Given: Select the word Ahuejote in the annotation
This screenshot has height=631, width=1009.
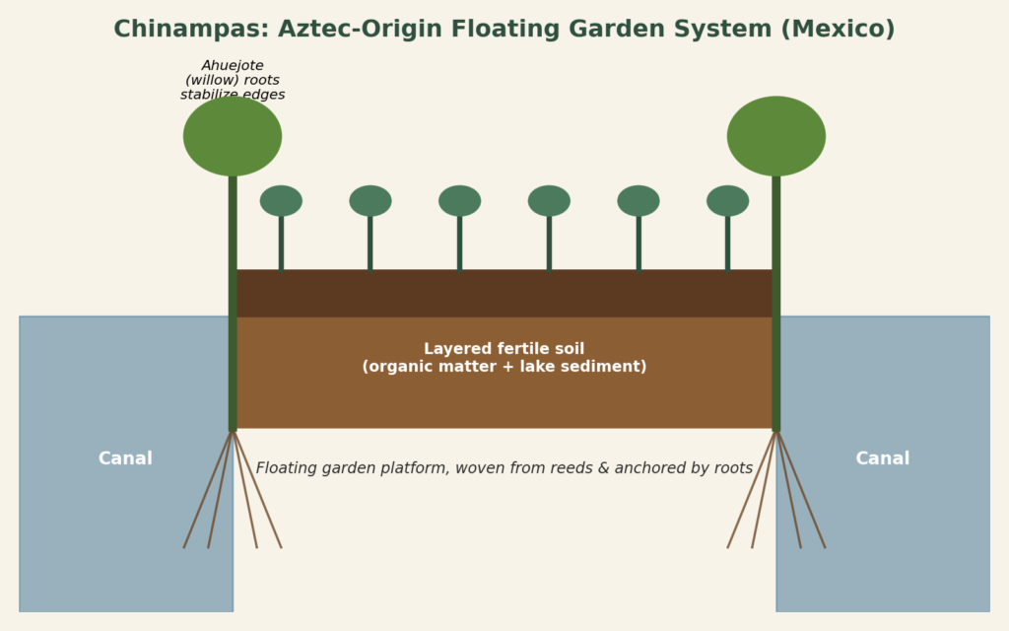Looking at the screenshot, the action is [233, 66].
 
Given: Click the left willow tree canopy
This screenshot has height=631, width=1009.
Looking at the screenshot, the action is [233, 136].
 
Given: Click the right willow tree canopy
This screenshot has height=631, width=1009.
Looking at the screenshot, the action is [776, 136].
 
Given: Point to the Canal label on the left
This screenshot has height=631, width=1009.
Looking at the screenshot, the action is [125, 458].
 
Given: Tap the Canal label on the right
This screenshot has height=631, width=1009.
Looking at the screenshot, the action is [883, 458].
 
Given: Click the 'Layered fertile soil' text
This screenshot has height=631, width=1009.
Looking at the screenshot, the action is [504, 349].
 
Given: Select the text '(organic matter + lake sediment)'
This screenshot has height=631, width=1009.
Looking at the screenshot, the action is [504, 367].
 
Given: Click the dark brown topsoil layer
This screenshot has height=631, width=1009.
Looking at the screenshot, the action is [504, 293].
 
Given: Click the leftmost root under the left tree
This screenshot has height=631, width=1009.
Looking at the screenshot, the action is [207, 490].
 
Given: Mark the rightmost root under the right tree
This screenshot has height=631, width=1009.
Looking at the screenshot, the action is [801, 490].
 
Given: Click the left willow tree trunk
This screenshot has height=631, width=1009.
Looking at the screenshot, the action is [233, 303].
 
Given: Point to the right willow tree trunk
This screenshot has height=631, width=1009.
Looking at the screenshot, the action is [776, 303].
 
